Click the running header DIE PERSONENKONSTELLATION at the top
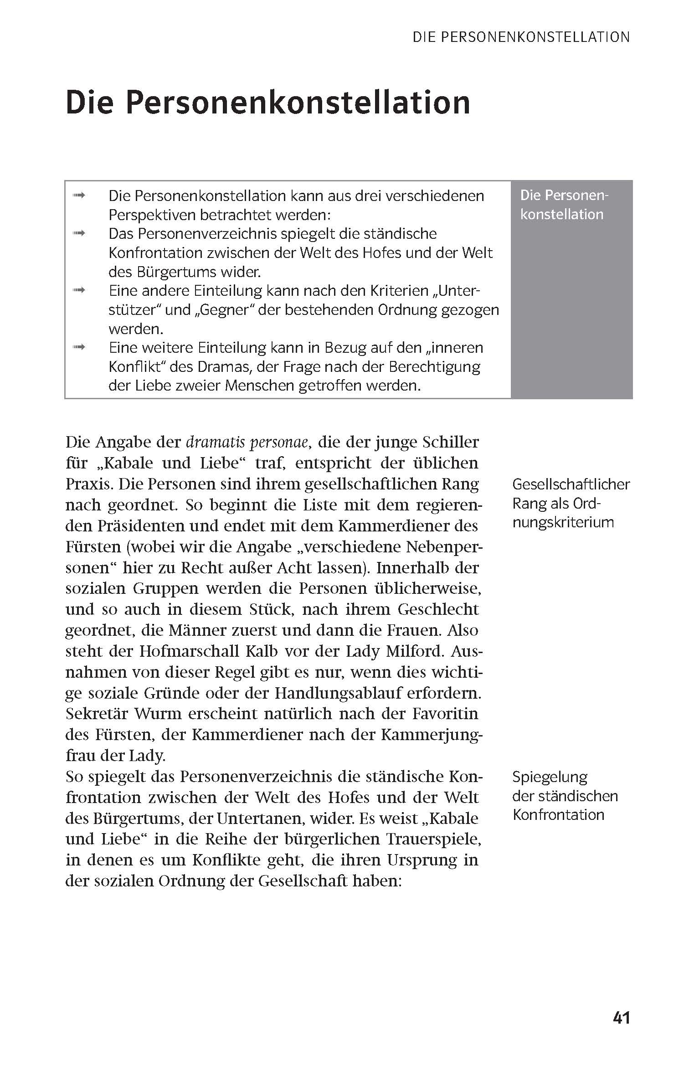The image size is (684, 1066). click(x=521, y=37)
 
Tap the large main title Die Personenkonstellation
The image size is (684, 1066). click(x=268, y=103)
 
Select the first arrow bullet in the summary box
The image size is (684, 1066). click(x=79, y=196)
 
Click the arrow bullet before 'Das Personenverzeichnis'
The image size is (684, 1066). click(x=79, y=234)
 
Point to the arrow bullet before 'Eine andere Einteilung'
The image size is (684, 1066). click(x=79, y=291)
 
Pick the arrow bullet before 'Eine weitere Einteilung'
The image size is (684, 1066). click(x=79, y=348)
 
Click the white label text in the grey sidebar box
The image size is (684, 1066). click(x=564, y=205)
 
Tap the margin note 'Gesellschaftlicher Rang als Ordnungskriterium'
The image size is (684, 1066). click(x=570, y=503)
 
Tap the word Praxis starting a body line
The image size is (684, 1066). click(x=88, y=484)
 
